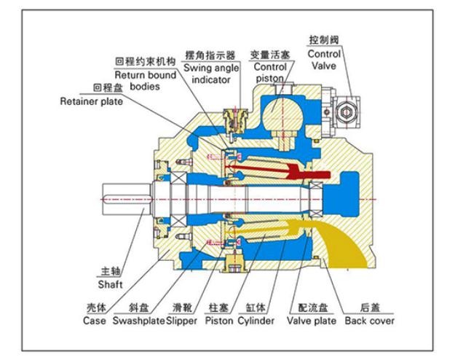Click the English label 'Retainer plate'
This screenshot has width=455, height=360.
tap(91, 101)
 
